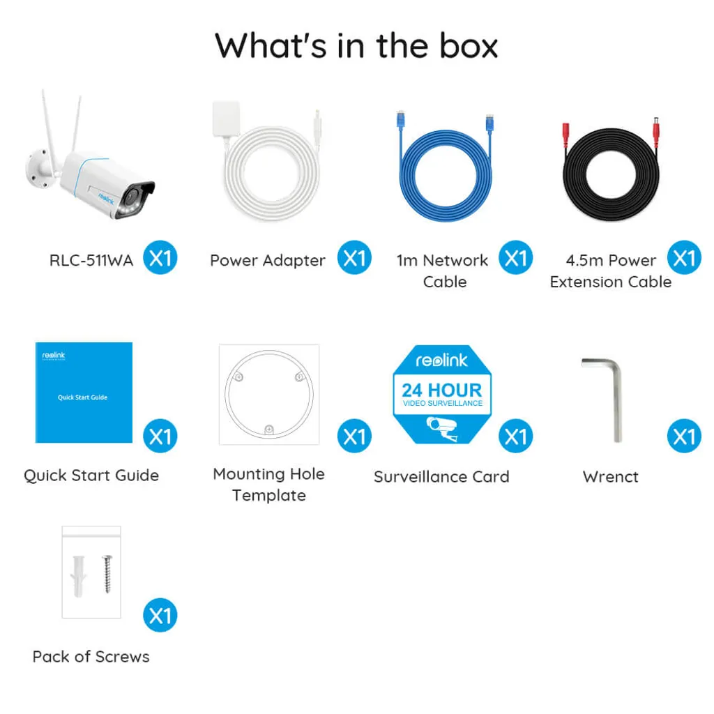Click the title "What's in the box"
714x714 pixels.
pyautogui.click(x=356, y=45)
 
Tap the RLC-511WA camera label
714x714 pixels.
pyautogui.click(x=91, y=261)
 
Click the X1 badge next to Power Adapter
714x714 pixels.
pyautogui.click(x=354, y=258)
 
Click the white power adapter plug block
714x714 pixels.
pyautogui.click(x=226, y=119)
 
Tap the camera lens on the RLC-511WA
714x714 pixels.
pyautogui.click(x=132, y=197)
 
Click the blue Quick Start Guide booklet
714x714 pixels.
pyautogui.click(x=84, y=393)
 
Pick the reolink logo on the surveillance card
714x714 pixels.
pyautogui.click(x=441, y=360)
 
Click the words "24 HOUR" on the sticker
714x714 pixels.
pyautogui.click(x=441, y=390)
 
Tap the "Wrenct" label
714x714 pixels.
pyautogui.click(x=611, y=477)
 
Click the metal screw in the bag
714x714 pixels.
pyautogui.click(x=107, y=574)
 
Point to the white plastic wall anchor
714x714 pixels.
pyautogui.click(x=78, y=576)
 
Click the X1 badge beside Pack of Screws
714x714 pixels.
pyautogui.click(x=160, y=615)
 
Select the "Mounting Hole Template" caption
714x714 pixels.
pyautogui.click(x=268, y=485)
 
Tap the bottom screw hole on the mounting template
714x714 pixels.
pyautogui.click(x=269, y=429)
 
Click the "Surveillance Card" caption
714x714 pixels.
pyautogui.click(x=441, y=477)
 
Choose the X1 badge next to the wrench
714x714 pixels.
pyautogui.click(x=684, y=436)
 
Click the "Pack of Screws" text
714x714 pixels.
pyautogui.click(x=91, y=657)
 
